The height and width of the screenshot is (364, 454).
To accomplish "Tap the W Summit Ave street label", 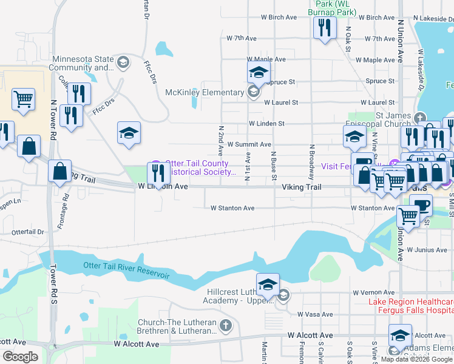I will pos(249,144).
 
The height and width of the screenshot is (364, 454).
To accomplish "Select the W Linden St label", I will pos(266,123).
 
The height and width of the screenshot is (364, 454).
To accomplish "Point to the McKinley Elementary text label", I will pos(205,92).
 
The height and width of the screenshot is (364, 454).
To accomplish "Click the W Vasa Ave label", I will pos(315,314).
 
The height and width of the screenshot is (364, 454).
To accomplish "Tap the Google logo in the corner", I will pos(20,356).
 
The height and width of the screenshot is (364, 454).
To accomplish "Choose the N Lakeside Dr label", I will pos(433,19).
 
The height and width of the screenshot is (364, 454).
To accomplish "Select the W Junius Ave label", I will pos(427,249).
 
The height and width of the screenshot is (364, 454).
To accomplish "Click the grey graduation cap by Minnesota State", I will pos(123,62).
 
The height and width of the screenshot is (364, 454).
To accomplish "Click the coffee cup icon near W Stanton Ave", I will pos(421,204).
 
